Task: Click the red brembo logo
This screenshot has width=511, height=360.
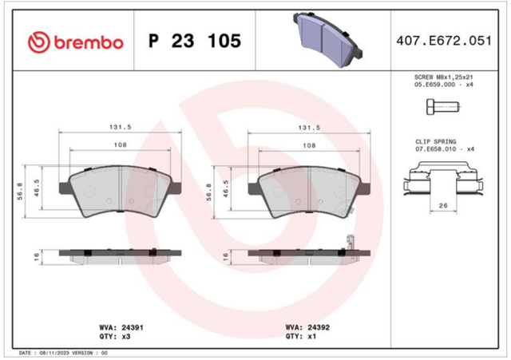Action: pyautogui.click(x=76, y=42)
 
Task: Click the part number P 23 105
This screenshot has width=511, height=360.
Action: pyautogui.click(x=195, y=41)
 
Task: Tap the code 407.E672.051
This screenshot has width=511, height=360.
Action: pyautogui.click(x=444, y=41)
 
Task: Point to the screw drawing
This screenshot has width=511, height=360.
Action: pyautogui.click(x=443, y=107)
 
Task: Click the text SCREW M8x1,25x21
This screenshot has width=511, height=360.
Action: pyautogui.click(x=444, y=77)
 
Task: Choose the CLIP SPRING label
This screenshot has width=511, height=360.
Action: pyautogui.click(x=435, y=142)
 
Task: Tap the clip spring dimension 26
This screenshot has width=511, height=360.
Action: pyautogui.click(x=443, y=206)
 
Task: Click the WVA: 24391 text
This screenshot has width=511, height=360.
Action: pyautogui.click(x=121, y=327)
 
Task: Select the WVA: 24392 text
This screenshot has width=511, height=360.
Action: pyautogui.click(x=307, y=327)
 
